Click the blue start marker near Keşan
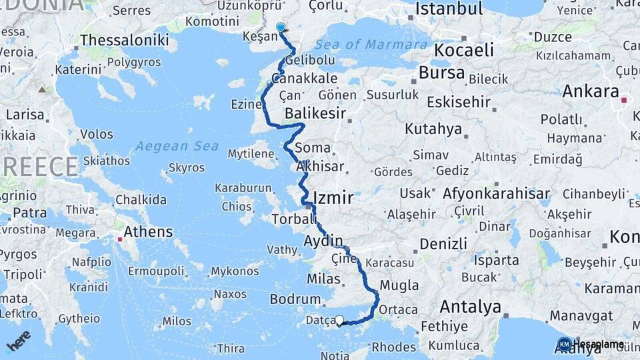point(280,28)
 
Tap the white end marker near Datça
point(340,321)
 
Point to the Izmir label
point(333,198)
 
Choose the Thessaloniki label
point(124,40)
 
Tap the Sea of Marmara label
point(371,45)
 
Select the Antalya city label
point(470,307)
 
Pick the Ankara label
point(591,91)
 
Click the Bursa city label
point(441,73)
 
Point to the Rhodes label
point(393,347)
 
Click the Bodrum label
point(296,299)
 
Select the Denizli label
point(444,243)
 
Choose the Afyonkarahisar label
point(501,194)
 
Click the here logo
point(18,340)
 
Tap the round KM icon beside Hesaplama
point(565,344)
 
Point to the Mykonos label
point(235,271)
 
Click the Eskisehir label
point(459,103)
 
